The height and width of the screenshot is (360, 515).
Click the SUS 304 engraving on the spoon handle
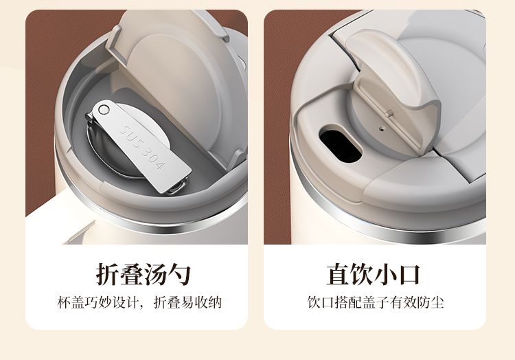click(141, 146)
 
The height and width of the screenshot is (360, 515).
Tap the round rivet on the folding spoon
click(104, 109)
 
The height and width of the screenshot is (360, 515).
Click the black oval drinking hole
click(341, 146)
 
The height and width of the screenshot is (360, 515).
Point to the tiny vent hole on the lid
click(381, 128)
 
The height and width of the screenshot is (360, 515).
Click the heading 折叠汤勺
click(144, 274)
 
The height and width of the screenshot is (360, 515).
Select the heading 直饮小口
click(374, 274)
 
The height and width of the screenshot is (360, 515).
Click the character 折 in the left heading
click(107, 274)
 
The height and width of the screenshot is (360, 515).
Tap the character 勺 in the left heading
click(179, 274)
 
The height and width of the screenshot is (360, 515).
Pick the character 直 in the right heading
click(338, 274)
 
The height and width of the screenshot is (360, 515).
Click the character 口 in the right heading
click(409, 274)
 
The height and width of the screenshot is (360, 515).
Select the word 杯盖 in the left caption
click(71, 302)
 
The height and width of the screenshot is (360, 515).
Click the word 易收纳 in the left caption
click(202, 302)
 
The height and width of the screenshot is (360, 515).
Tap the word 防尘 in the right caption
click(431, 302)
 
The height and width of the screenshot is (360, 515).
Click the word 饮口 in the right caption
click(321, 302)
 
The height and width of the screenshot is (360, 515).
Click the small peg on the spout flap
click(390, 113)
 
